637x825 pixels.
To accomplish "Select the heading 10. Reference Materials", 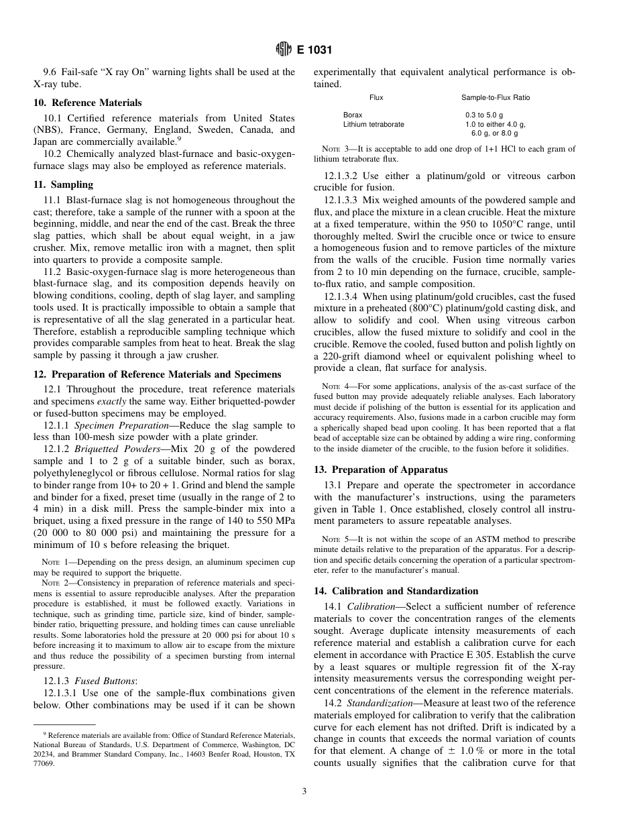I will coord(88,103).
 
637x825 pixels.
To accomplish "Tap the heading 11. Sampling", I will coord(64,184).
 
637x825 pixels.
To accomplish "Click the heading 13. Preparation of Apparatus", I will coord(381,470).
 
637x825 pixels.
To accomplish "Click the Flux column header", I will coord(376,98).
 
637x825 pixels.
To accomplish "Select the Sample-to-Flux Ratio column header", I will coord(496,98).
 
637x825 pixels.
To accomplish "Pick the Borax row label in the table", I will coord(353,115).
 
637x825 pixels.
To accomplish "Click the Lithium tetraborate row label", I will coord(373,124).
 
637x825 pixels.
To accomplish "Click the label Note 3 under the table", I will coord(335,149).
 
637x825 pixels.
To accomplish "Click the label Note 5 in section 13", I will coord(335,539).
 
